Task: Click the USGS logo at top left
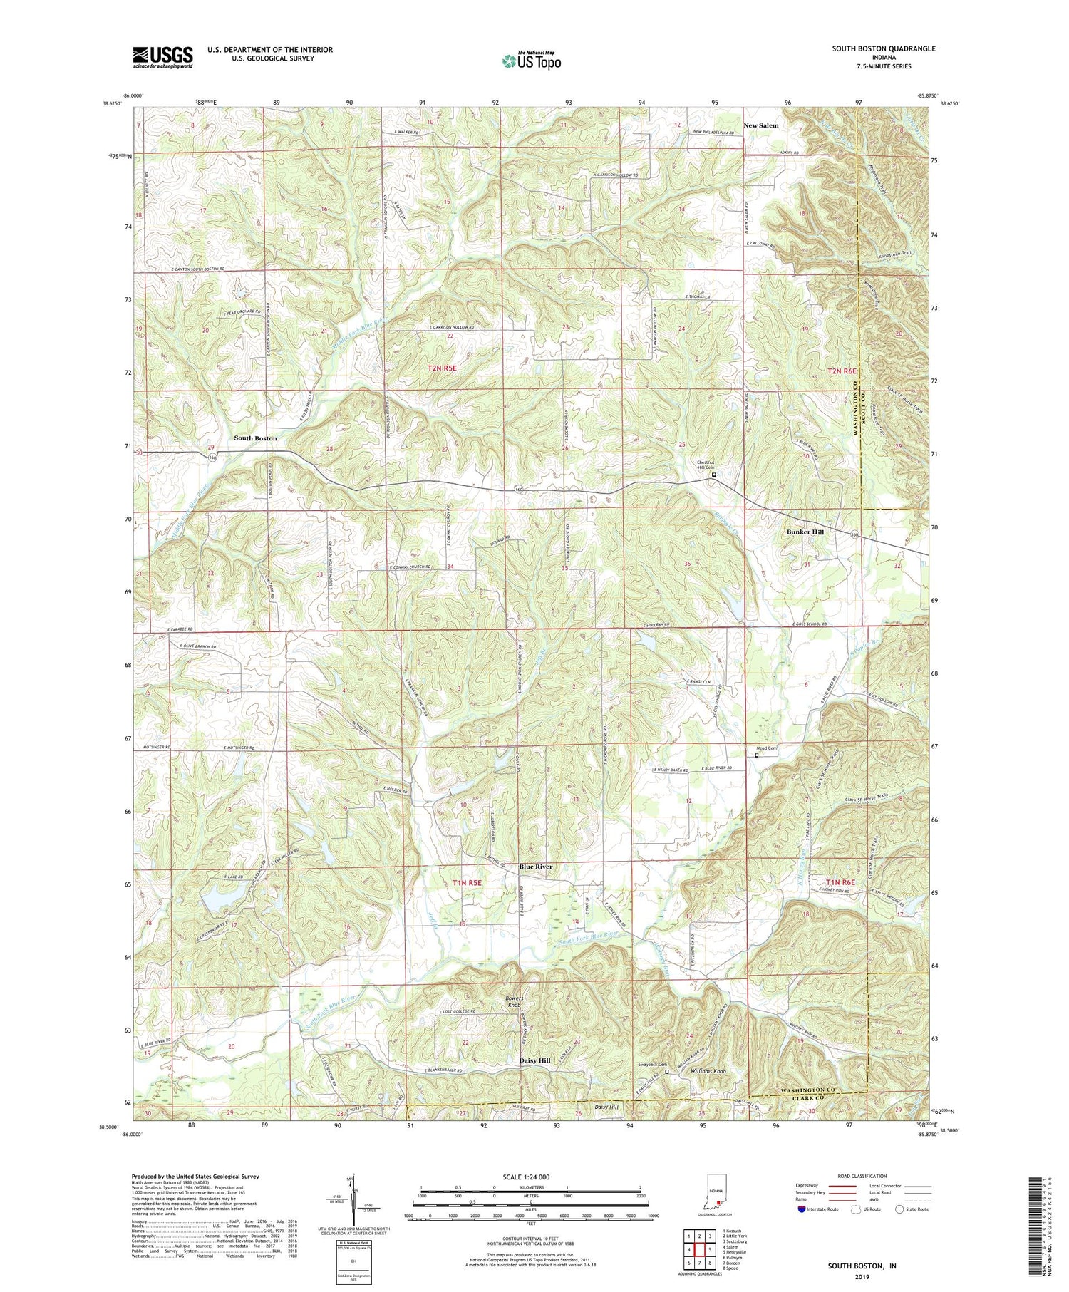(x=162, y=57)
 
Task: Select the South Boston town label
(x=255, y=438)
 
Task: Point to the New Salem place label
(x=760, y=125)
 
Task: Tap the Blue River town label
(x=536, y=867)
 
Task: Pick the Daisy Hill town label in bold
(x=534, y=1060)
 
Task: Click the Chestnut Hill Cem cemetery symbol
(x=714, y=475)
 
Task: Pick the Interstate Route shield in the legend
(x=802, y=1209)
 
